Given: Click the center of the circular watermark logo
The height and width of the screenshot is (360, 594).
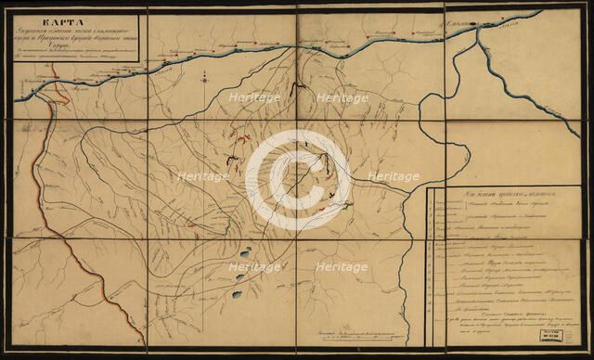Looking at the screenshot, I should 297,176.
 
